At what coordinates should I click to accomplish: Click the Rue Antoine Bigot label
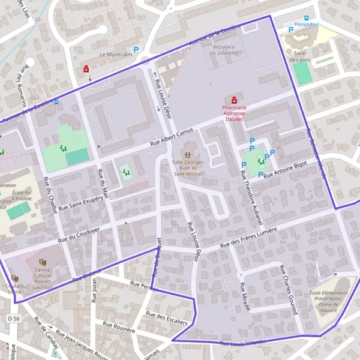click(x=285, y=169)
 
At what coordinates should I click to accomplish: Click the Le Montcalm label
click(x=111, y=54)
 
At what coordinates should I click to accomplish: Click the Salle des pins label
click(x=302, y=56)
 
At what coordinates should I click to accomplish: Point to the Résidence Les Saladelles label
click(x=224, y=50)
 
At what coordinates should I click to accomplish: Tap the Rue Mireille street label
click(x=245, y=298)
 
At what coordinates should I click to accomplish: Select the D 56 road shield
click(x=15, y=318)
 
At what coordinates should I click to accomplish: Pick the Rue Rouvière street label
click(x=120, y=326)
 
